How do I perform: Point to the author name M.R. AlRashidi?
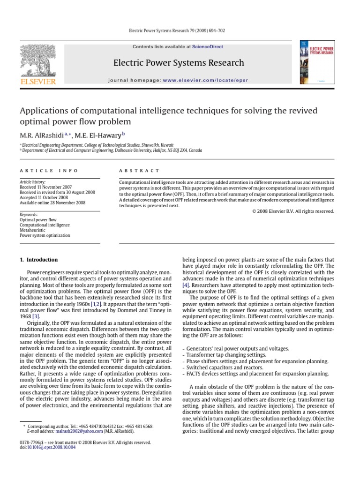[x=42, y=135]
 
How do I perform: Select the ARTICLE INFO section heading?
[x=49, y=171]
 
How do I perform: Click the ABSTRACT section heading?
[x=139, y=171]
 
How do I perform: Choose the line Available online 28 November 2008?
[x=52, y=202]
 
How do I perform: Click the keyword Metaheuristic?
[x=33, y=231]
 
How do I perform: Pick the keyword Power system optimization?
[x=45, y=236]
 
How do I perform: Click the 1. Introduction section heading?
[x=39, y=260]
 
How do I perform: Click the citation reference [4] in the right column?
[x=185, y=285]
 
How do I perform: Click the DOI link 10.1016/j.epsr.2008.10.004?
[x=52, y=447]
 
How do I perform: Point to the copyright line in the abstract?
[x=293, y=211]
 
